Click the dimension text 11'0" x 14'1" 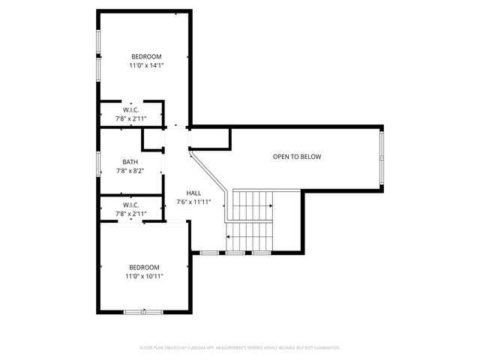tap(146, 66)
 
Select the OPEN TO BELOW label tap(296, 157)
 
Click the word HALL tap(193, 193)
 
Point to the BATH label tap(130, 162)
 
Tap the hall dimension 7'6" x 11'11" tap(193, 202)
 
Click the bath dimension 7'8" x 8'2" tap(130, 171)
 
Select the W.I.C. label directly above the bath tap(130, 109)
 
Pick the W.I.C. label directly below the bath tap(130, 205)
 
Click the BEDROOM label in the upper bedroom tap(146, 57)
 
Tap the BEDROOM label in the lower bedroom tap(144, 268)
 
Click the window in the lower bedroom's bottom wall tap(143, 311)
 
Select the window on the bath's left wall tap(98, 163)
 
